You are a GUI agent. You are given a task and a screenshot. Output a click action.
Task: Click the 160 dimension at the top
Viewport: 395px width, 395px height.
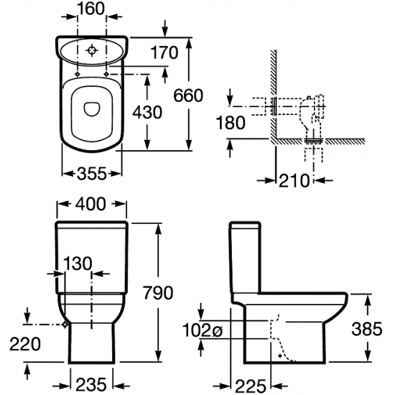(91, 9)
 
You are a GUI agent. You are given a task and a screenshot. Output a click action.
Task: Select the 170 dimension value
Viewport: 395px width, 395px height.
(164, 52)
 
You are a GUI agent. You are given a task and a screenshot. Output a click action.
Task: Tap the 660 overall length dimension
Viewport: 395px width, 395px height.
(188, 96)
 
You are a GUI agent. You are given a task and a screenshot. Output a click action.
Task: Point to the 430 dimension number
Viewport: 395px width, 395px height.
(147, 112)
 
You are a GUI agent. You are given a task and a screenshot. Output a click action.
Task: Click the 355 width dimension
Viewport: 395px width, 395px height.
(92, 174)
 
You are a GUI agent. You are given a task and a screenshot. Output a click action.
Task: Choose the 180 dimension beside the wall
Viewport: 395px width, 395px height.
(231, 123)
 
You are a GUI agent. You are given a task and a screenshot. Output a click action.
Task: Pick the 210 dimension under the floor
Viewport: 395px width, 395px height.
(294, 180)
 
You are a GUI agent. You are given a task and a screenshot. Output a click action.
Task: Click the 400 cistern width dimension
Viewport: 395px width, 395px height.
(91, 204)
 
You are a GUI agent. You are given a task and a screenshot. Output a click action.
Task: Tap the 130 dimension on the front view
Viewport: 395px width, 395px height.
(78, 264)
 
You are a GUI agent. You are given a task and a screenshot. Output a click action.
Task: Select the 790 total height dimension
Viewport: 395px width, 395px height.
(159, 293)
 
